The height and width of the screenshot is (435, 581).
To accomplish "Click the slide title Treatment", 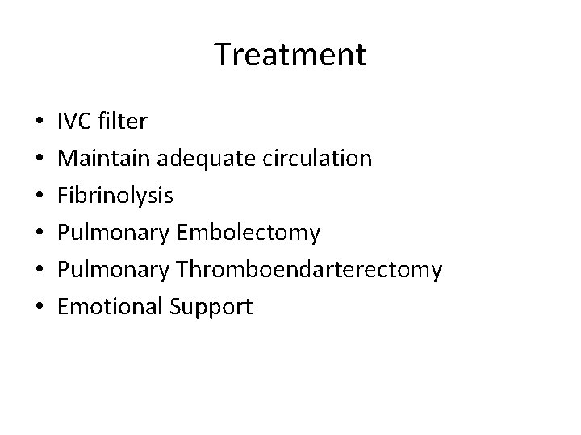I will click(290, 55).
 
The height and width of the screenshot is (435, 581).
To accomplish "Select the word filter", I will click(121, 122).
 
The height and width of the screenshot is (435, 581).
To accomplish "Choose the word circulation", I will click(317, 159).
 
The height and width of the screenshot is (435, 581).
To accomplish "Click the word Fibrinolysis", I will click(115, 196).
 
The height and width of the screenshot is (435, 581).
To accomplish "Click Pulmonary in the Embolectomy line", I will click(114, 233).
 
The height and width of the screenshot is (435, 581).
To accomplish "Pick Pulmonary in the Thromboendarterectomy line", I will click(114, 270).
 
